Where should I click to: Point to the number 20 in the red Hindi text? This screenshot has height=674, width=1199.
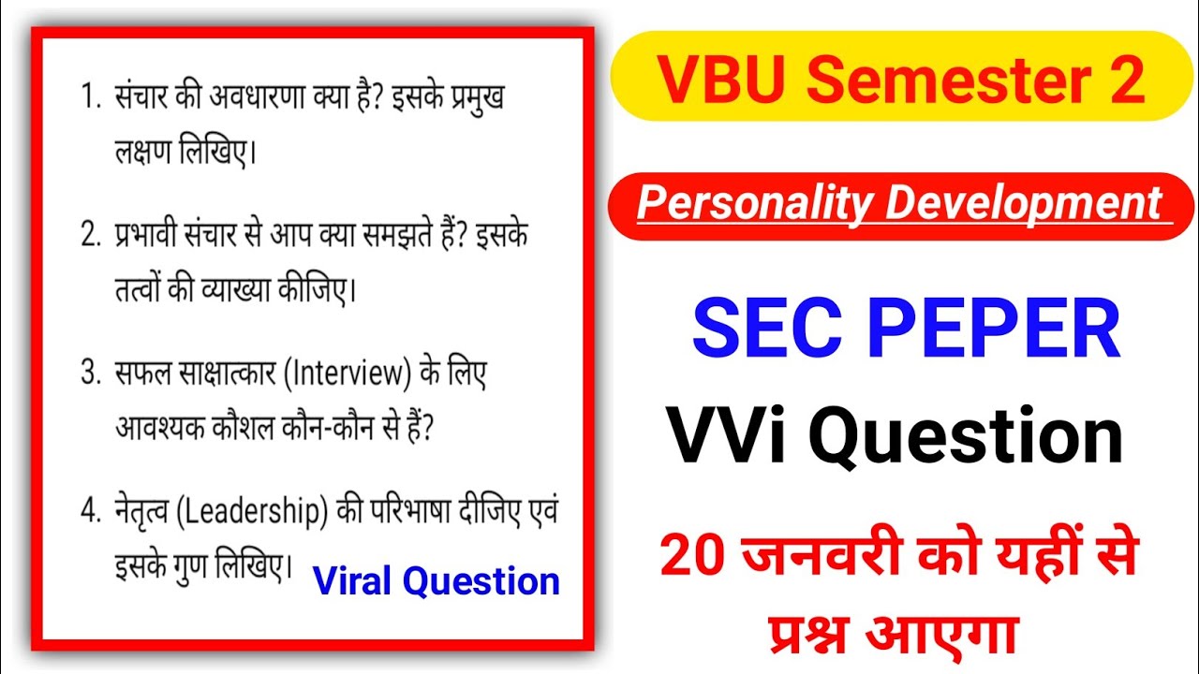[x=693, y=556]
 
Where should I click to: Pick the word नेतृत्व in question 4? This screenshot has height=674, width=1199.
[x=140, y=513]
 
